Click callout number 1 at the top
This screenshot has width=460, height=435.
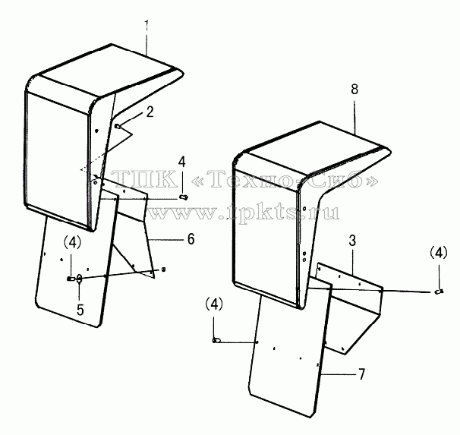pyautogui.click(x=147, y=27)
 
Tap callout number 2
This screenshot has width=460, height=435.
pyautogui.click(x=150, y=112)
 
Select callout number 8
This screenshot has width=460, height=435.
pyautogui.click(x=354, y=89)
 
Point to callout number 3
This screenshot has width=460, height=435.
pyautogui.click(x=352, y=241)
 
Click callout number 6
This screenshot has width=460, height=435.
pyautogui.click(x=191, y=239)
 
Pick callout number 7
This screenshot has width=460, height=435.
pyautogui.click(x=362, y=374)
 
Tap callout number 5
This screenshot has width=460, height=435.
pyautogui.click(x=80, y=310)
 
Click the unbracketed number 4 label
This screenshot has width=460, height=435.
pyautogui.click(x=182, y=162)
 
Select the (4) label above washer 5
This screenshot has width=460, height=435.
pyautogui.click(x=72, y=243)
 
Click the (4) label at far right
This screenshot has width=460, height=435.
pyautogui.click(x=439, y=252)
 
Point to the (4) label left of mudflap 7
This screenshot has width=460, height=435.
pyautogui.click(x=214, y=304)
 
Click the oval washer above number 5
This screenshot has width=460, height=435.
pyautogui.click(x=79, y=279)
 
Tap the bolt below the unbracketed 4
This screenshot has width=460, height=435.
pyautogui.click(x=184, y=197)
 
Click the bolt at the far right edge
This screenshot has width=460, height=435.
pyautogui.click(x=439, y=292)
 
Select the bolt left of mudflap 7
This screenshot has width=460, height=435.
pyautogui.click(x=216, y=341)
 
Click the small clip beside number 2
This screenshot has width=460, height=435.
pyautogui.click(x=118, y=127)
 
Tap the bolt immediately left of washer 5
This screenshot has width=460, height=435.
pyautogui.click(x=71, y=279)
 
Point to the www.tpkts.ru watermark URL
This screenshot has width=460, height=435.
pyautogui.click(x=243, y=212)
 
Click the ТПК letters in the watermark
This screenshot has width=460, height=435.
pyautogui.click(x=144, y=179)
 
